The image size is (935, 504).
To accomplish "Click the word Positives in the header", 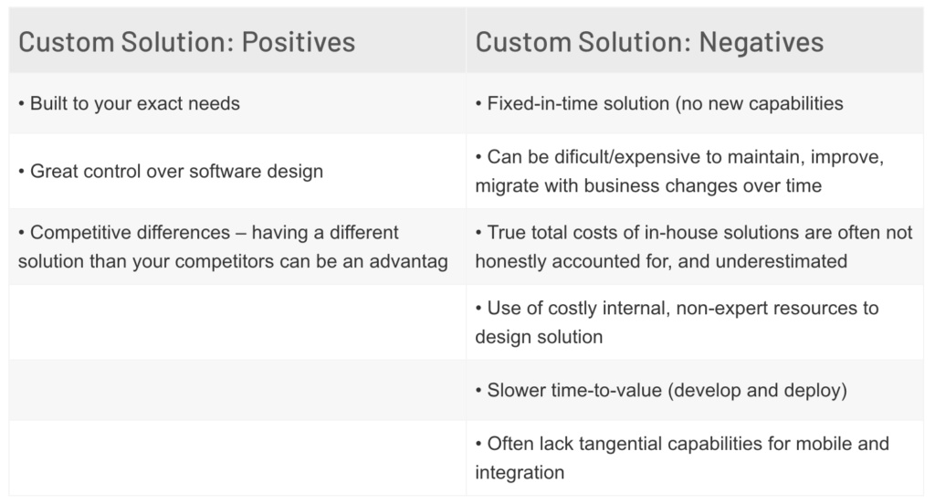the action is click(x=299, y=42).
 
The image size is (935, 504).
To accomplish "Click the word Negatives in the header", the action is click(x=761, y=42).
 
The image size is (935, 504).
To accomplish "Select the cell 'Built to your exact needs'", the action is click(x=237, y=104).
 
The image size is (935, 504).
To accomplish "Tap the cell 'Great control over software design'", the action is click(x=237, y=171).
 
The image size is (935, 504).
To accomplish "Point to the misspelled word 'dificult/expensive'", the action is click(x=636, y=157).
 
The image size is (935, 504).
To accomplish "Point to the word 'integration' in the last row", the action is click(x=520, y=473).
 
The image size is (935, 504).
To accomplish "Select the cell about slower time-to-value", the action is click(x=695, y=391).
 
